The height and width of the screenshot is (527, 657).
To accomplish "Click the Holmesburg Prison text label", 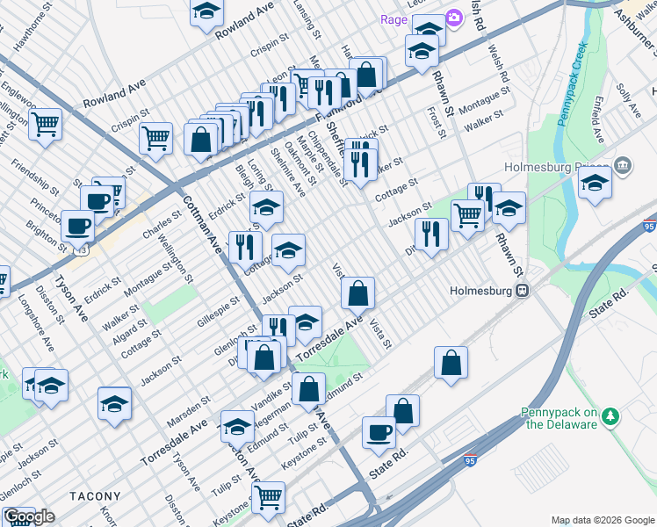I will [559, 167].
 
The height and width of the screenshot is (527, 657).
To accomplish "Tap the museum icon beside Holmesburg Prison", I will [623, 164].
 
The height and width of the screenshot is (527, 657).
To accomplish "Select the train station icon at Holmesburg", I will [522, 290].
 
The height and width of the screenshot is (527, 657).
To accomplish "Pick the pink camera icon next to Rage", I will [454, 18].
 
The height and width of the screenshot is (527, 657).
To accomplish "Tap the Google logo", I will [29, 516].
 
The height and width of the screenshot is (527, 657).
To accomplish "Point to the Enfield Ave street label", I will [598, 122].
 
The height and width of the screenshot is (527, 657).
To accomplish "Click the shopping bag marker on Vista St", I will [358, 293].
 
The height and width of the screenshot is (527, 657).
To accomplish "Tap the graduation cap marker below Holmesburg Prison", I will [595, 185].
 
